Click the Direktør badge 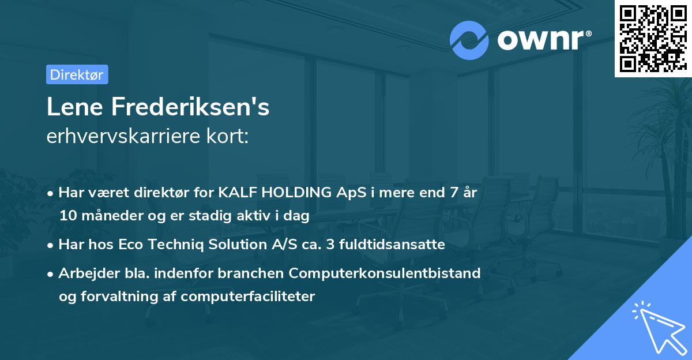pyautogui.click(x=77, y=74)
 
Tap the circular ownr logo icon pyautogui.click(x=469, y=40)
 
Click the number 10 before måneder pyautogui.click(x=66, y=216)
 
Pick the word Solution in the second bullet pyautogui.click(x=242, y=244)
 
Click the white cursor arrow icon pyautogui.click(x=656, y=325)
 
